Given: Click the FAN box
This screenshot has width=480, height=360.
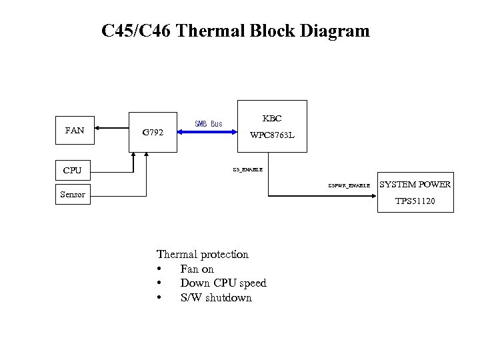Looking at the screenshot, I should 75,131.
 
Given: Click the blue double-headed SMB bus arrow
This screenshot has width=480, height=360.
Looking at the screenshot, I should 207,132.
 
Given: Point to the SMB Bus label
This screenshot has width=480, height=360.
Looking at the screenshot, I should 208,123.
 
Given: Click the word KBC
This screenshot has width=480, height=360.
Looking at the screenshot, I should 271,119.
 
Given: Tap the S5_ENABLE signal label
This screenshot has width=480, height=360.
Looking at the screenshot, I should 247,169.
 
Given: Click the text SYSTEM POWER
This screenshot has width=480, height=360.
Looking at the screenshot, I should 415,185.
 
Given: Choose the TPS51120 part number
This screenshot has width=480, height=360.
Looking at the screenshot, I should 415,201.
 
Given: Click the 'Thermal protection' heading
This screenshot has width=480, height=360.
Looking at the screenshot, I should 202,254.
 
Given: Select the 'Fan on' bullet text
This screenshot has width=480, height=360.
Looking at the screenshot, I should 197,269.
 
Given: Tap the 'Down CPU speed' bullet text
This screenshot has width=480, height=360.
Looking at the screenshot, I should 223,283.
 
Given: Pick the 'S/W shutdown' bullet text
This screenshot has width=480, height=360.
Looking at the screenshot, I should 216,298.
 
